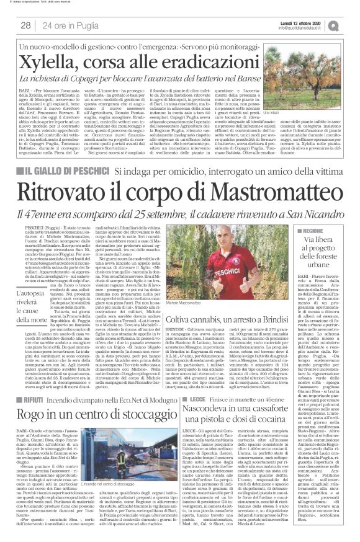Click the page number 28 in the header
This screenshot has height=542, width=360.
coord(26,25)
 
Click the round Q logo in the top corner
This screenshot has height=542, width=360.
coord(351,25)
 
